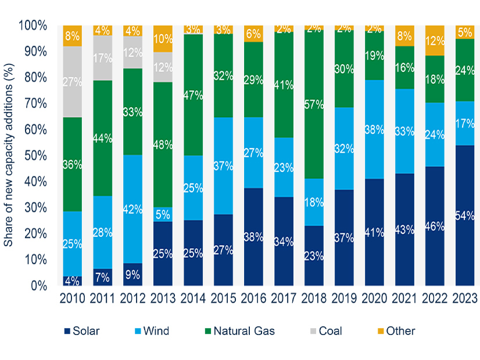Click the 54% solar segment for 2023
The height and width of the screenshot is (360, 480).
pyautogui.click(x=464, y=215)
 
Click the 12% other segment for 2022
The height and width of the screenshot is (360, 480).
pyautogui.click(x=435, y=41)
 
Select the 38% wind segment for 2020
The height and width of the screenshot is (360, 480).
pyautogui.click(x=375, y=129)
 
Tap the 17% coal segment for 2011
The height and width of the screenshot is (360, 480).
pyautogui.click(x=103, y=58)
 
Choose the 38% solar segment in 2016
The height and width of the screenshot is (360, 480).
pyautogui.click(x=253, y=236)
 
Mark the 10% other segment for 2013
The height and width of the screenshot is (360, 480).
pyautogui.click(x=163, y=39)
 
